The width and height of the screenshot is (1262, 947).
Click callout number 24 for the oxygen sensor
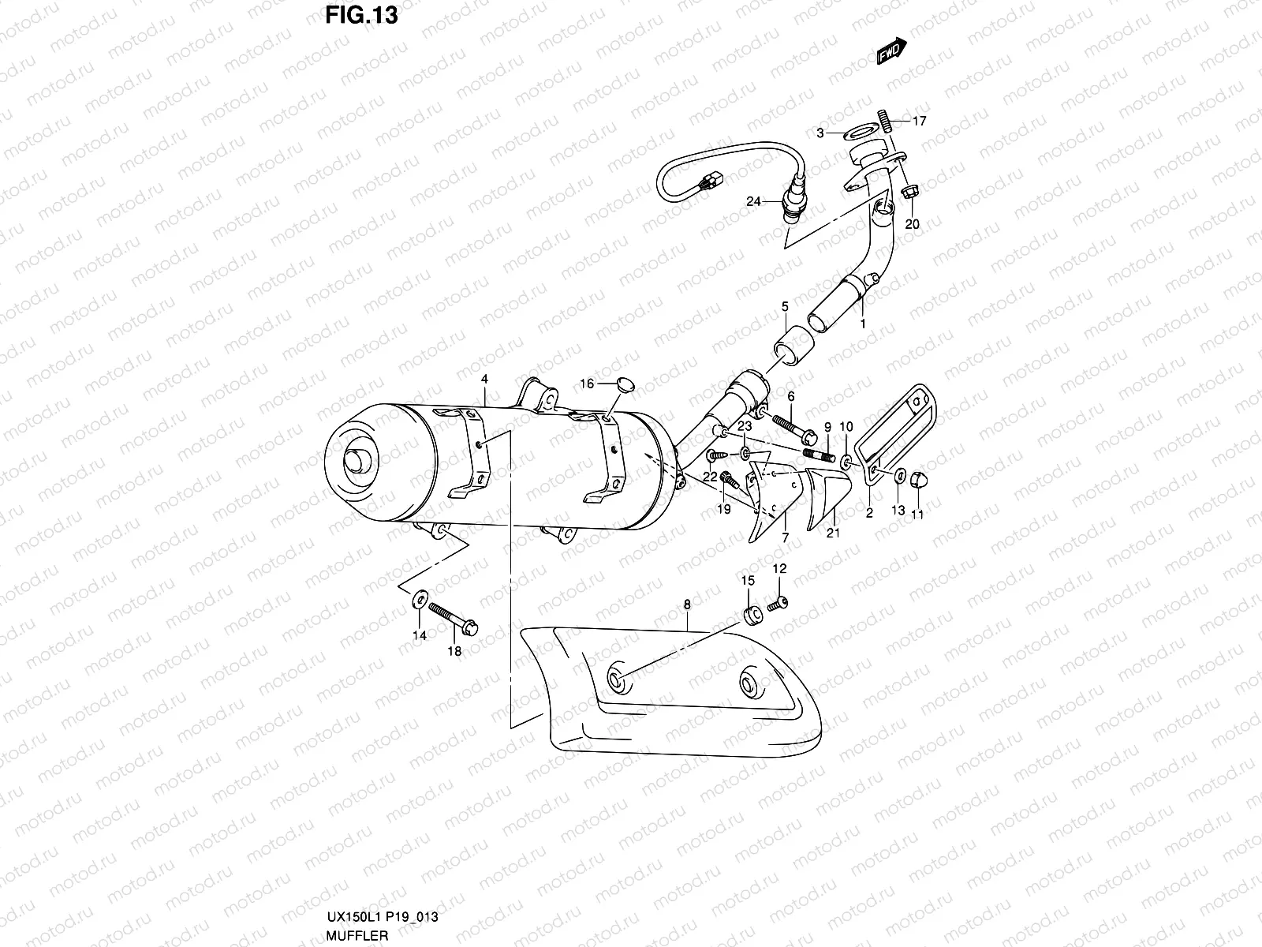753,202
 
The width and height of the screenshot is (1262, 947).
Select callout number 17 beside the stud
920,122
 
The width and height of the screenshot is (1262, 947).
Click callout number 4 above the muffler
484,380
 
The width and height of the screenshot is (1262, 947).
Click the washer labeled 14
416,605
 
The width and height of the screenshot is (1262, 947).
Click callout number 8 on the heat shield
687,605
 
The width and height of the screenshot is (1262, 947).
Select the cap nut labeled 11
919,480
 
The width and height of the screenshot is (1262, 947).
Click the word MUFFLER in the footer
354,935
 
